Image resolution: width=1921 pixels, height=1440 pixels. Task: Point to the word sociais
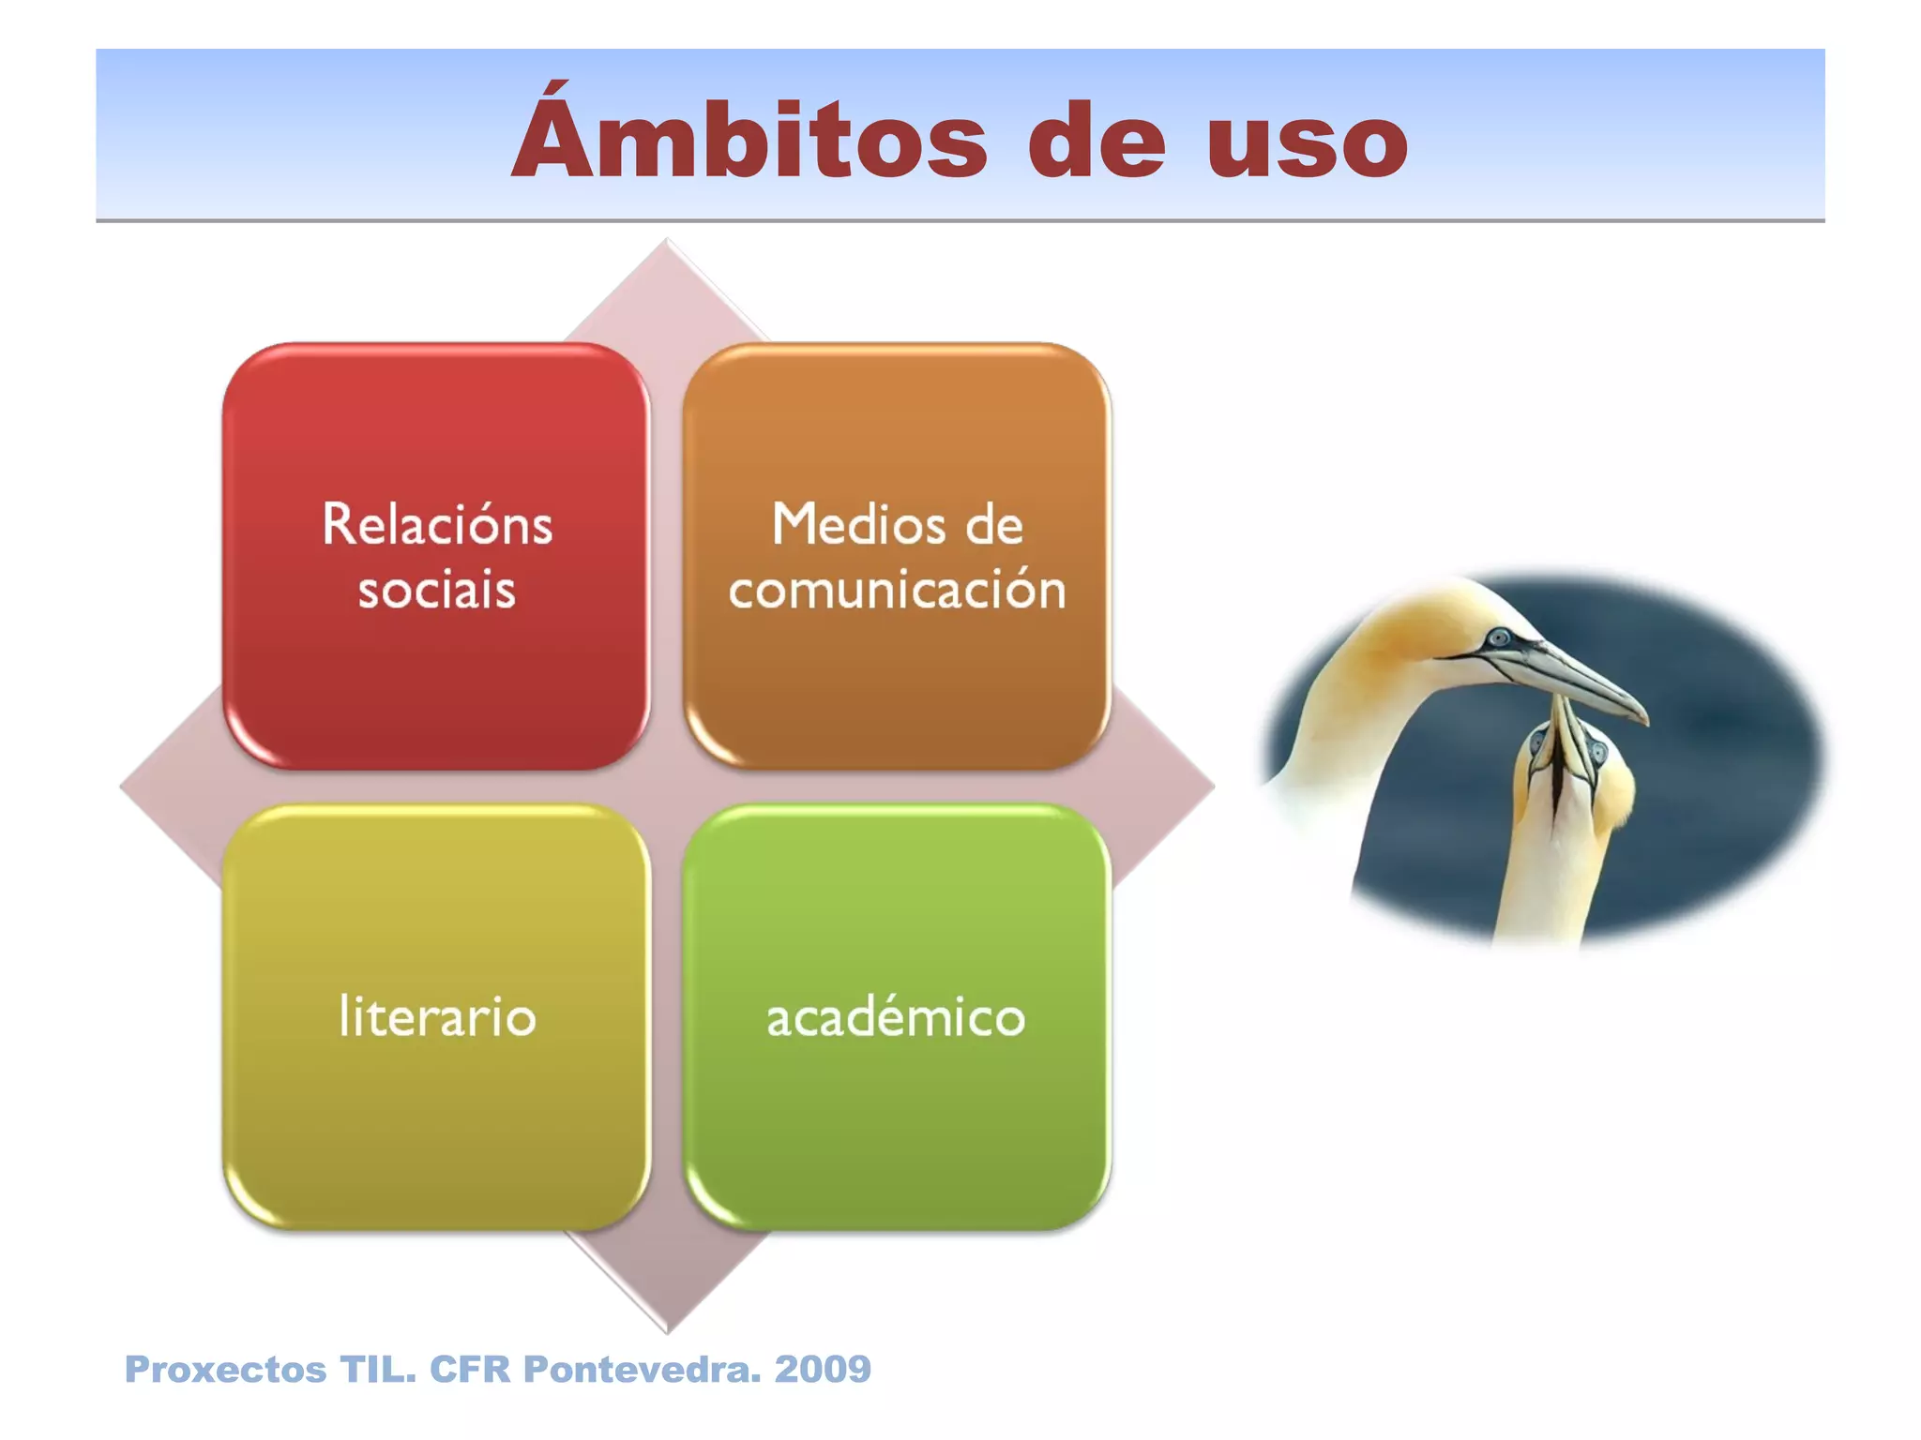click(437, 591)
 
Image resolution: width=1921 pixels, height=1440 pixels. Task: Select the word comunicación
click(897, 591)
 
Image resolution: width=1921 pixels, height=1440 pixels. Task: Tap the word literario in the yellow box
click(437, 1017)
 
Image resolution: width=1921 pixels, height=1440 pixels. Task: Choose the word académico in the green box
click(897, 1017)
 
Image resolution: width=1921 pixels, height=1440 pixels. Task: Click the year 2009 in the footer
click(823, 1370)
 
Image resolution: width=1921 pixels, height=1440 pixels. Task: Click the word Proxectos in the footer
click(225, 1370)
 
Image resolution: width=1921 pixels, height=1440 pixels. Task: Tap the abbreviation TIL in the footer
click(375, 1370)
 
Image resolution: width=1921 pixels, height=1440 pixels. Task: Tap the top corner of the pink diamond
click(667, 243)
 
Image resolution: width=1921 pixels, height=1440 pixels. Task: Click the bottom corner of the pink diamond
click(667, 1328)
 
